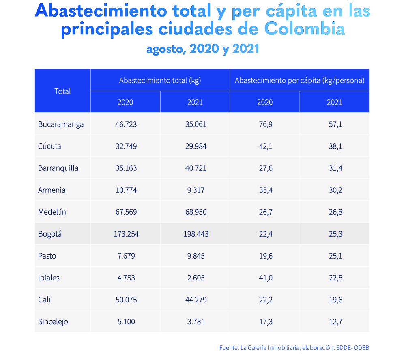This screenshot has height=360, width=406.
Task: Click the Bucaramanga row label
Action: click(61, 124)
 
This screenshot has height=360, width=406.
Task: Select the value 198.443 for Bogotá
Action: click(195, 234)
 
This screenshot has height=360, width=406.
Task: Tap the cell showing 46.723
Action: click(126, 124)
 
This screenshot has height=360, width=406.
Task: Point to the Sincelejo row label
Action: click(53, 322)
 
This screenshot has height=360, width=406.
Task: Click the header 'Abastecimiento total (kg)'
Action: click(160, 80)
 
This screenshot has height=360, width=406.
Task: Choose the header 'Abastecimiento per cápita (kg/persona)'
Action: click(299, 80)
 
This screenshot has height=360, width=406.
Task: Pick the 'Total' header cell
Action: click(62, 91)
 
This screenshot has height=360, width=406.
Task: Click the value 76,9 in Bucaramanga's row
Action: click(265, 124)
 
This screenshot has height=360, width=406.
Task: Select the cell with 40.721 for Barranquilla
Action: click(195, 168)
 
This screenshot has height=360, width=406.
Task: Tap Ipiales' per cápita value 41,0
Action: click(265, 278)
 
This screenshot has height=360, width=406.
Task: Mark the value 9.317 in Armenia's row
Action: click(195, 190)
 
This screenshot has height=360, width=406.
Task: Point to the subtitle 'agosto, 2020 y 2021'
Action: click(203, 50)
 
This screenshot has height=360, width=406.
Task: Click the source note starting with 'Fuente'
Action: click(294, 348)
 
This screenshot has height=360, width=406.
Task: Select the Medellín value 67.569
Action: click(126, 212)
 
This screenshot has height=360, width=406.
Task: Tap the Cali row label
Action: click(44, 300)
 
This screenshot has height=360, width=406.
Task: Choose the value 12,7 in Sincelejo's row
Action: click(335, 322)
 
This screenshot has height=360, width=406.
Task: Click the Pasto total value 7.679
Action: click(126, 256)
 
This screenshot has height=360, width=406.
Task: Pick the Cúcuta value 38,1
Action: click(335, 146)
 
